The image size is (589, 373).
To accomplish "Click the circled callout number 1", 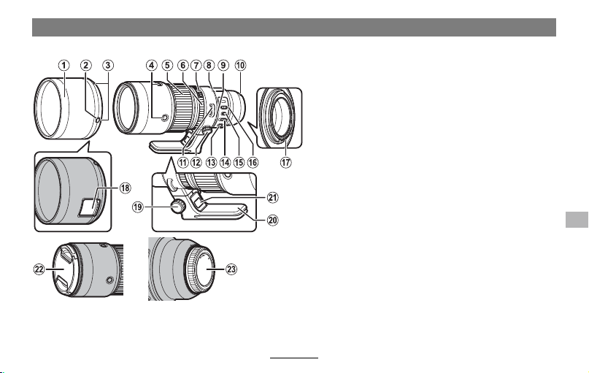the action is point(64,66).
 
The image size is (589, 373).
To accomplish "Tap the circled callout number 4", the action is point(151,66).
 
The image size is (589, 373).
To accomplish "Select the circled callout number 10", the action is point(240,66).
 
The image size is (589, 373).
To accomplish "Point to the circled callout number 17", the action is point(286,162).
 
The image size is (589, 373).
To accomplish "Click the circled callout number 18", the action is point(125,188).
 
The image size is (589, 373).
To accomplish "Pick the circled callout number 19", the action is point(138,207).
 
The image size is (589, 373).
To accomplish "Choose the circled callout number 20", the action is point(272,220).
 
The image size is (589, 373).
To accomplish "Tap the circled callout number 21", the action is point(272,197).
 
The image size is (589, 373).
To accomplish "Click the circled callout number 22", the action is point(39,269).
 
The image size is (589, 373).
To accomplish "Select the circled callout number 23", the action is point(231,269).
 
